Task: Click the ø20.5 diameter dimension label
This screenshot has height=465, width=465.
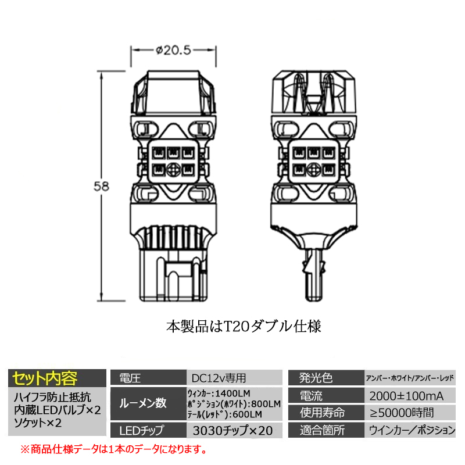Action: pos(173,51)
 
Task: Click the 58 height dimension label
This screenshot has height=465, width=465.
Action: pos(101,187)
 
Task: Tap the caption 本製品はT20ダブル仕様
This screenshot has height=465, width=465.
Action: pos(244,327)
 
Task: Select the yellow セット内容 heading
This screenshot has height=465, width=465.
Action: pos(45,378)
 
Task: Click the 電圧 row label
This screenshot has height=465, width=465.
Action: pos(130,378)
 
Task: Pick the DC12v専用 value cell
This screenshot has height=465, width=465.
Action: pos(219,378)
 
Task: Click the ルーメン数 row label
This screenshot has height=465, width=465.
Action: pos(142,403)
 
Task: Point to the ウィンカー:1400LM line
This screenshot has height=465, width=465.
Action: pos(219,394)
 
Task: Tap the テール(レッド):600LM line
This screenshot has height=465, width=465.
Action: pos(224,414)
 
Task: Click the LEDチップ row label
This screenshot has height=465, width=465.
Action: pos(141,431)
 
